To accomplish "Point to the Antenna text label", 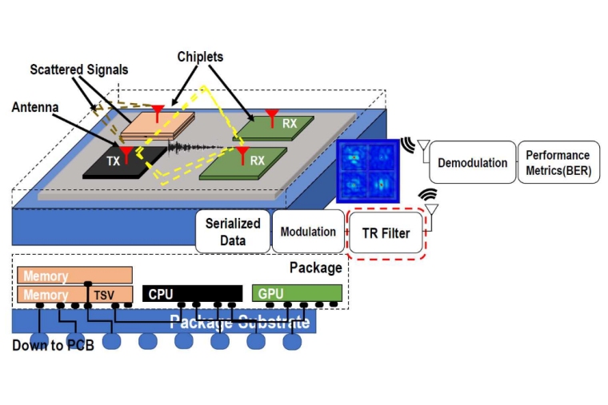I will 37,106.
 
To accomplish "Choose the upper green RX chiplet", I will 276,126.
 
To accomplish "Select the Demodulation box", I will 472,163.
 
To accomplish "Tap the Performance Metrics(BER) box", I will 558,162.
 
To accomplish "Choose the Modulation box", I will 308,232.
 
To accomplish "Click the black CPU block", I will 192,294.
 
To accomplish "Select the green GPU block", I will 297,293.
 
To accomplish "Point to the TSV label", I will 104,295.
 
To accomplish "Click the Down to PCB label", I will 53,346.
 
